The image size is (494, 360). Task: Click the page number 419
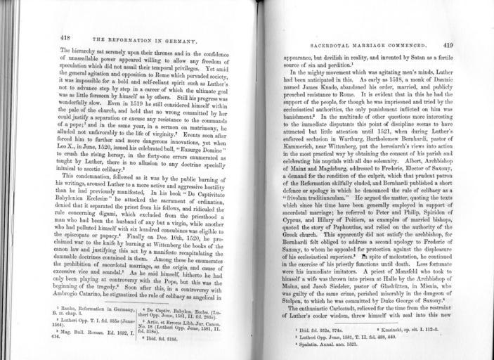coord(443,44)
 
